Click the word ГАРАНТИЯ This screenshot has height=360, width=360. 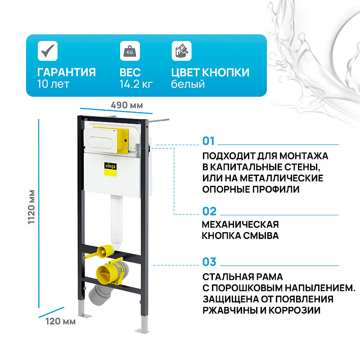66,72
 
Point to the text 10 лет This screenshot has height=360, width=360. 53,84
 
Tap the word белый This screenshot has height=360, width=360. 188,84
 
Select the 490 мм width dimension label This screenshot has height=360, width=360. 127,105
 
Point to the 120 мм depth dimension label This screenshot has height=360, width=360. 60,321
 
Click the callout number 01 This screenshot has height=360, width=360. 209,141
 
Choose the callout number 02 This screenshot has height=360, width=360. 209,211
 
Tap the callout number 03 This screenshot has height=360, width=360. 209,261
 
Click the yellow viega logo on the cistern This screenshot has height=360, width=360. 110,166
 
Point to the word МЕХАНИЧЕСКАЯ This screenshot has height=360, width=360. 240,224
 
